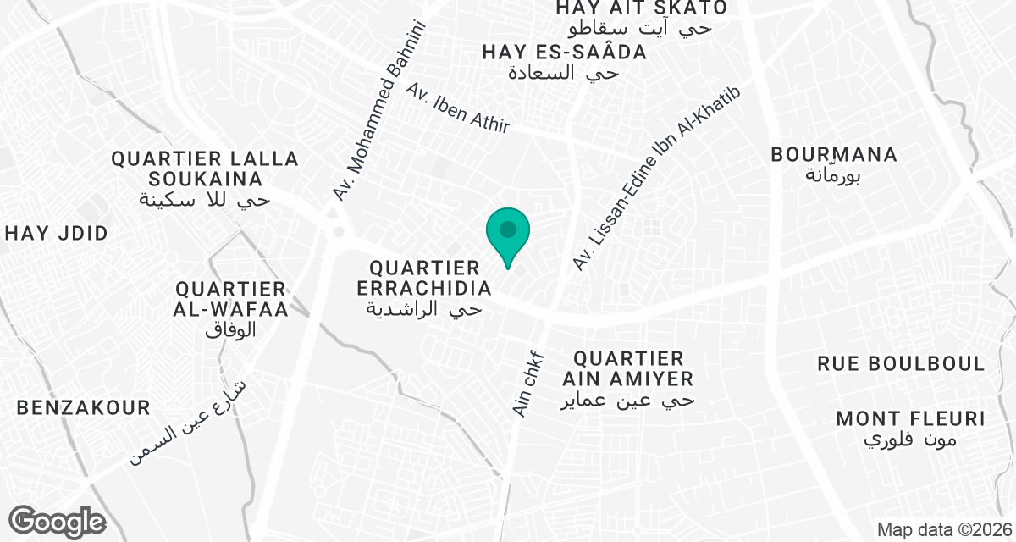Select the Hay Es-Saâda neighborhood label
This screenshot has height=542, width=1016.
tap(565, 62)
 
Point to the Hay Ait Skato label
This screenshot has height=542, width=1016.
tap(641, 17)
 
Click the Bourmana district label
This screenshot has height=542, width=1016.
tap(834, 164)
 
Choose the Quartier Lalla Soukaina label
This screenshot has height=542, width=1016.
tap(205, 179)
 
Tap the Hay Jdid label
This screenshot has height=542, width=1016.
tap(57, 234)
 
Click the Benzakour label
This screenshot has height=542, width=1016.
tap(84, 408)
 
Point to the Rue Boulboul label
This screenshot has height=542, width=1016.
tap(901, 364)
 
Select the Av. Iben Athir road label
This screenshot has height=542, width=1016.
tap(458, 108)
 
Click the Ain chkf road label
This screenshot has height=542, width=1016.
tap(526, 383)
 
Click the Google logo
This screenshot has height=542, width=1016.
tap(57, 522)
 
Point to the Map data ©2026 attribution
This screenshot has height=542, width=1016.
tap(944, 530)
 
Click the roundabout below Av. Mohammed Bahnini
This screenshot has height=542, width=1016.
tap(340, 231)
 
